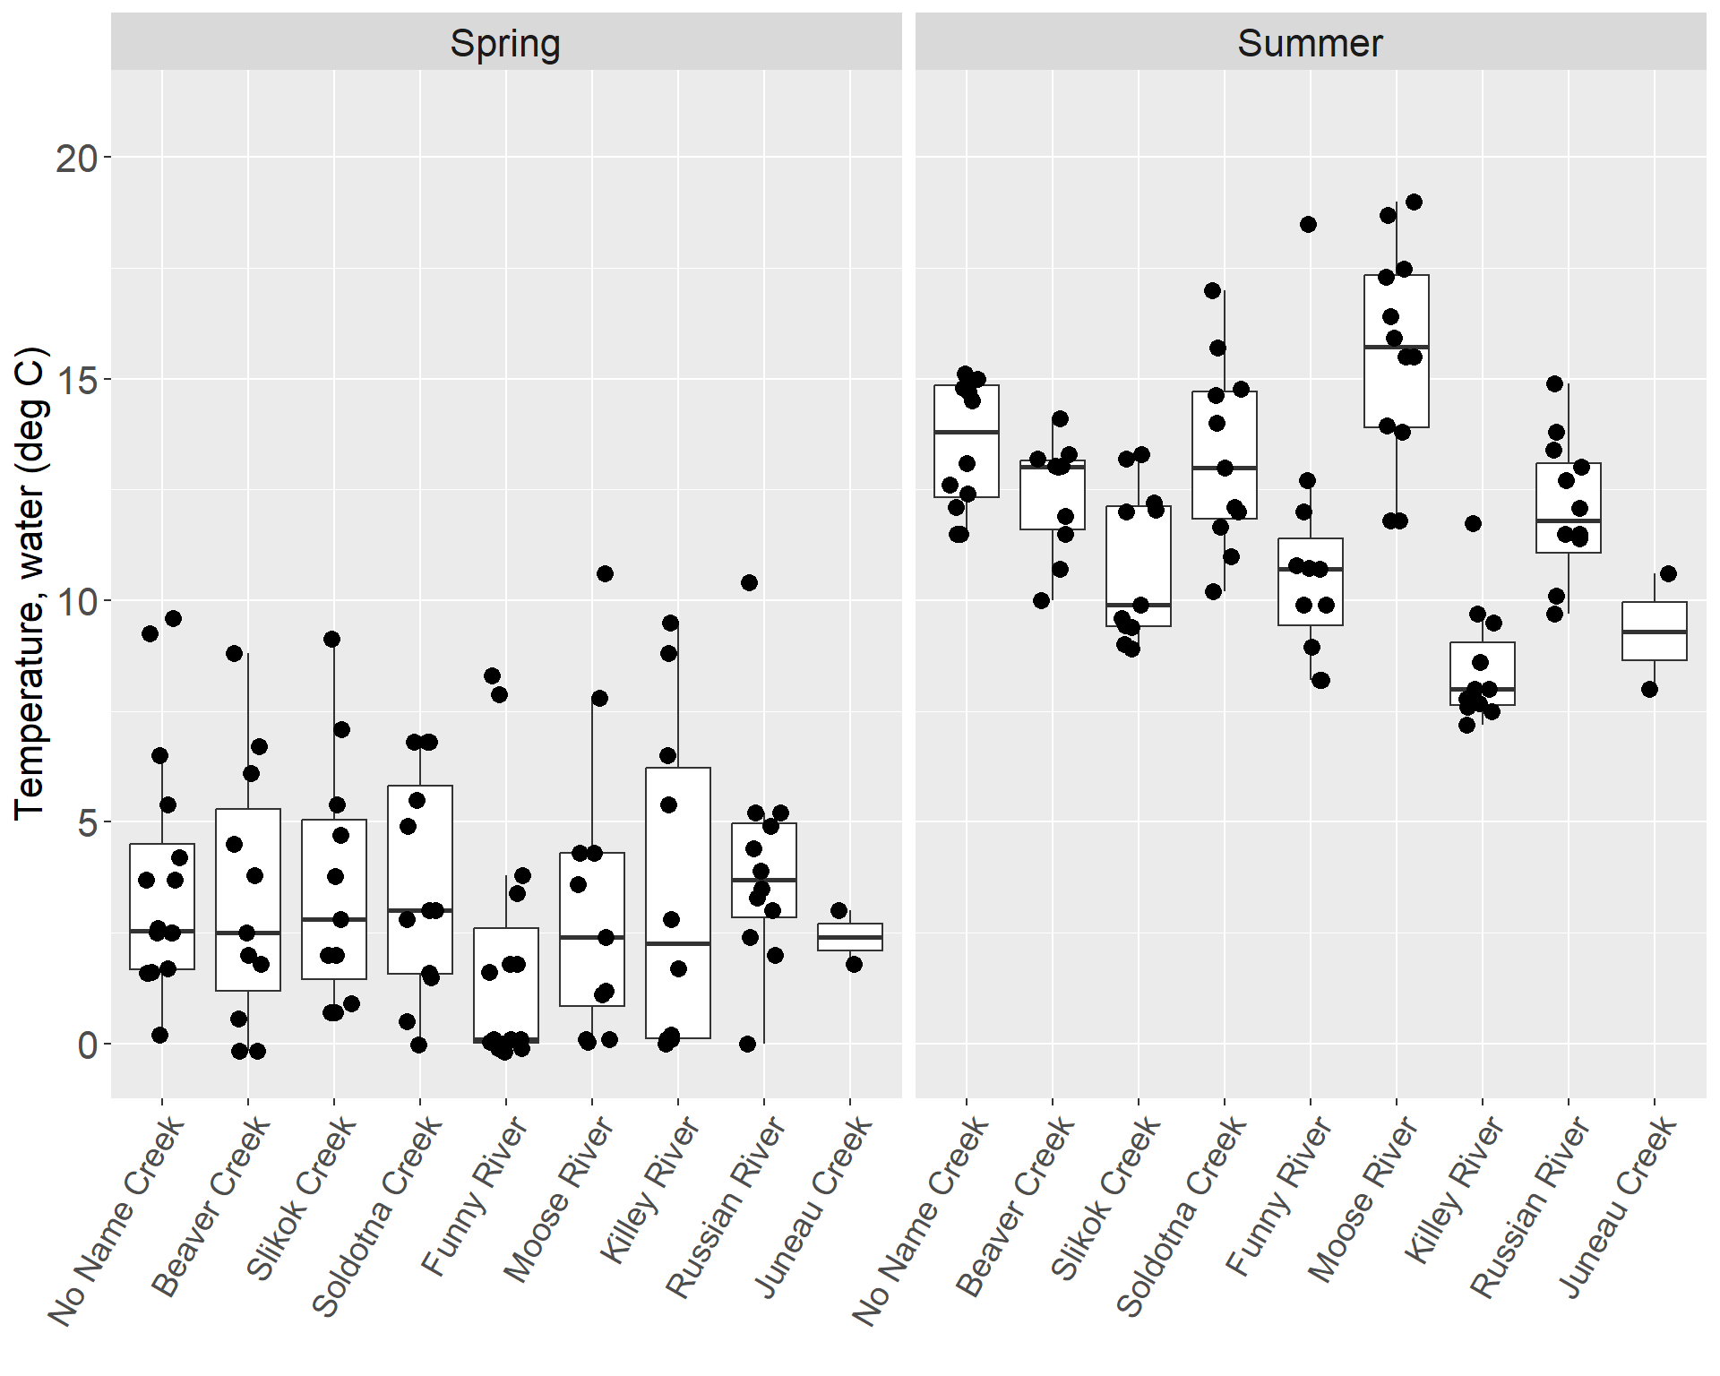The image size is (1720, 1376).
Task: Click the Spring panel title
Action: pyautogui.click(x=505, y=43)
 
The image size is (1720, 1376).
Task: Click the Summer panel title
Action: pyautogui.click(x=1310, y=43)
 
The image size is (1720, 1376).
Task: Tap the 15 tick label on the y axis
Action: pyautogui.click(x=77, y=380)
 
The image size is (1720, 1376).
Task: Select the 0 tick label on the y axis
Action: pyautogui.click(x=88, y=1045)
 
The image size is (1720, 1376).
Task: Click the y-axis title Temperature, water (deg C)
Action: pyautogui.click(x=29, y=582)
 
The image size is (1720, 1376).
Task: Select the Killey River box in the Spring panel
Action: pyautogui.click(x=678, y=902)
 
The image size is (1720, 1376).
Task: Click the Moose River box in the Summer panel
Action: pyautogui.click(x=1396, y=351)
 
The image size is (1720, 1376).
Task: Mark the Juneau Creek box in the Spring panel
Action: pyautogui.click(x=850, y=937)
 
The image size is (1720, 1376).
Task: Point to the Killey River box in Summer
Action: pyautogui.click(x=1482, y=674)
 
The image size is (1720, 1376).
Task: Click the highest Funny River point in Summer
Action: pyautogui.click(x=1308, y=224)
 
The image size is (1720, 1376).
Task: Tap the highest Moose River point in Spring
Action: pyautogui.click(x=605, y=573)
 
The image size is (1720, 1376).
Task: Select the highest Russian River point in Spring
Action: pyautogui.click(x=749, y=582)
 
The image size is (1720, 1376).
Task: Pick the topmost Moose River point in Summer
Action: pyautogui.click(x=1414, y=202)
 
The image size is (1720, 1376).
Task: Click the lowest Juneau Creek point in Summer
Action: pyautogui.click(x=1649, y=689)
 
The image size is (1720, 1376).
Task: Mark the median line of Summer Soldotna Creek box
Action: pyautogui.click(x=1224, y=468)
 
